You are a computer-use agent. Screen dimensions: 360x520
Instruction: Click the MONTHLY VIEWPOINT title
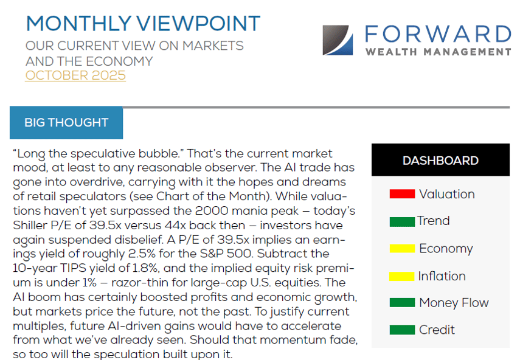pyautogui.click(x=143, y=24)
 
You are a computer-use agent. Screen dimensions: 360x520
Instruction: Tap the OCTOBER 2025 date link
pyautogui.click(x=75, y=75)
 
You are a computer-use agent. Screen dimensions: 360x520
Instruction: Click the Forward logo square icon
pyautogui.click(x=338, y=40)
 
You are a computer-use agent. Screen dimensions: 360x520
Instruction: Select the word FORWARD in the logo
pyautogui.click(x=438, y=33)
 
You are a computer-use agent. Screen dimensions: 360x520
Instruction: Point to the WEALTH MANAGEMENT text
pyautogui.click(x=438, y=52)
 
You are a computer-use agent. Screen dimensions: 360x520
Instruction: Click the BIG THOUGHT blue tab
pyautogui.click(x=66, y=123)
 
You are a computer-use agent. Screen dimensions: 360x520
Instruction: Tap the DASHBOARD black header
pyautogui.click(x=440, y=161)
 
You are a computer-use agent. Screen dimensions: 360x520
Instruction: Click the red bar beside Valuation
pyautogui.click(x=401, y=195)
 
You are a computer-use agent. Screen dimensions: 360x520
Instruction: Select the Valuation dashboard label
pyautogui.click(x=446, y=195)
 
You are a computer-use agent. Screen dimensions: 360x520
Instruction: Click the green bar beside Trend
pyautogui.click(x=401, y=222)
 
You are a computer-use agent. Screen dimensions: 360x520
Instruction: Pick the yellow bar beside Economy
pyautogui.click(x=401, y=249)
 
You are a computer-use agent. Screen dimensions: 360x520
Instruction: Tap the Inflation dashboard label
pyautogui.click(x=442, y=276)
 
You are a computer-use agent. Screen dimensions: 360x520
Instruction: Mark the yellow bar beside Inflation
pyautogui.click(x=401, y=277)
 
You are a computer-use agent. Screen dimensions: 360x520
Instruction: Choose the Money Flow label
pyautogui.click(x=453, y=303)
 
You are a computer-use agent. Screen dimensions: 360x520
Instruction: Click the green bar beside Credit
pyautogui.click(x=401, y=330)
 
